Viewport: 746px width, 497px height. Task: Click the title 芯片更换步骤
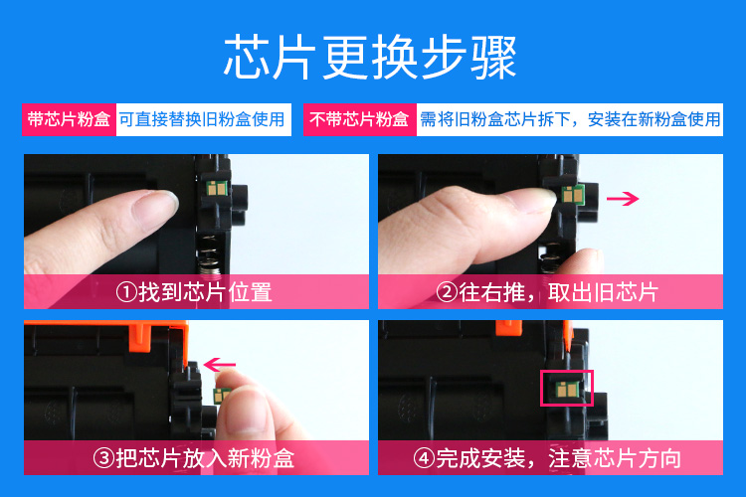(370, 58)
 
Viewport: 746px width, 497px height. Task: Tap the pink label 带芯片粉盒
(69, 119)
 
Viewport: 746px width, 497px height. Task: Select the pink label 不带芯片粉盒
(360, 119)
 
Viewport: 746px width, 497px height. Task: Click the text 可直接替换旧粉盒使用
(202, 119)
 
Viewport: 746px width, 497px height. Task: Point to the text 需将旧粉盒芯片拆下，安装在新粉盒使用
(570, 119)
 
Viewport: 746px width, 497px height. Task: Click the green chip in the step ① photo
(217, 188)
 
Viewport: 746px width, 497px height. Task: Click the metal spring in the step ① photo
(209, 255)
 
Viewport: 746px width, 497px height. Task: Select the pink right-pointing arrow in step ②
(623, 199)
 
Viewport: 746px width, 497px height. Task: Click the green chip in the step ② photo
(573, 195)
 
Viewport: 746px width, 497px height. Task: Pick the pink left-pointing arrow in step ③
(220, 365)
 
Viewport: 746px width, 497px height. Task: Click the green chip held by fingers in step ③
(220, 395)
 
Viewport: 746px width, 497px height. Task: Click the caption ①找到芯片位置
(194, 292)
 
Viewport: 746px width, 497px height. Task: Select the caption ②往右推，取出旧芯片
(547, 292)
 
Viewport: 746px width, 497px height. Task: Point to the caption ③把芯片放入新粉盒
(194, 458)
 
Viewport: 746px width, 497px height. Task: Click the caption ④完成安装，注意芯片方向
(547, 458)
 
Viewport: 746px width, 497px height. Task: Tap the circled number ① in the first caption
(126, 292)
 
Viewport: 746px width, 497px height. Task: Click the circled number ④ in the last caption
(424, 458)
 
